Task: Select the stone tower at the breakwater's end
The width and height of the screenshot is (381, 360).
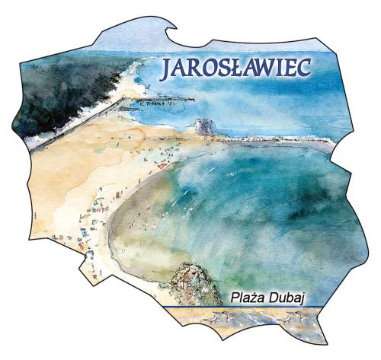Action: pyautogui.click(x=202, y=126)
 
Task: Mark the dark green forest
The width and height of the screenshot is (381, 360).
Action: pyautogui.click(x=61, y=91)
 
